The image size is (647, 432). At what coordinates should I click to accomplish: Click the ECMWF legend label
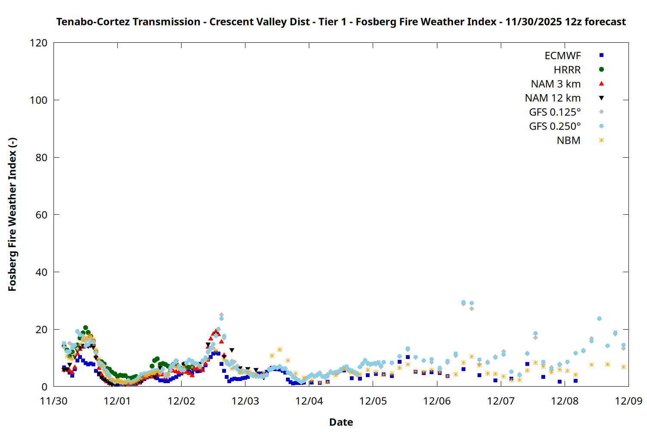coord(562,56)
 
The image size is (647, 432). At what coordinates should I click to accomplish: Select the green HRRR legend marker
coord(601,70)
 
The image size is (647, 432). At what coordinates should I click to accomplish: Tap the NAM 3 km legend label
coord(556,84)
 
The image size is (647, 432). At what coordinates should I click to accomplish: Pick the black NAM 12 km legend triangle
coord(601,98)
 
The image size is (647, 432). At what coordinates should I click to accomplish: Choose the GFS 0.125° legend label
coord(555,112)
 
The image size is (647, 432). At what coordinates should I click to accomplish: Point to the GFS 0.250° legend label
coord(555,127)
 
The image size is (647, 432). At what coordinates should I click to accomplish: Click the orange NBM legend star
coord(601,140)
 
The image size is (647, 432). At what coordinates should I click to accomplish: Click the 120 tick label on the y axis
coord(39,43)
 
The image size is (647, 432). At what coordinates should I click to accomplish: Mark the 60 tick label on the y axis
coord(41,215)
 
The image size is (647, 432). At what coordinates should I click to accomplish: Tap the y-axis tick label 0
coord(44,387)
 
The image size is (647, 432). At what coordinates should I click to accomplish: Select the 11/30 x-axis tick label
coord(53,401)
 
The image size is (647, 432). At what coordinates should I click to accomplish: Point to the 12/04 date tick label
coord(309,401)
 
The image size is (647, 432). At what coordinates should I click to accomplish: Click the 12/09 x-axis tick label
coord(628,401)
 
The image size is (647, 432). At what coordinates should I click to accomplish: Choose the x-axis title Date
coord(341,422)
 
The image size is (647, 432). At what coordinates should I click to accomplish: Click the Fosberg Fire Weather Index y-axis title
coord(12,215)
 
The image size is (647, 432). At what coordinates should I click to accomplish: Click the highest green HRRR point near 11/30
coord(85,328)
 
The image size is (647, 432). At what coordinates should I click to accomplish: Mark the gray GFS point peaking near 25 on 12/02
coord(221,315)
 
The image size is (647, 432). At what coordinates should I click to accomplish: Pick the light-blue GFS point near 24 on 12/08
coord(599,319)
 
